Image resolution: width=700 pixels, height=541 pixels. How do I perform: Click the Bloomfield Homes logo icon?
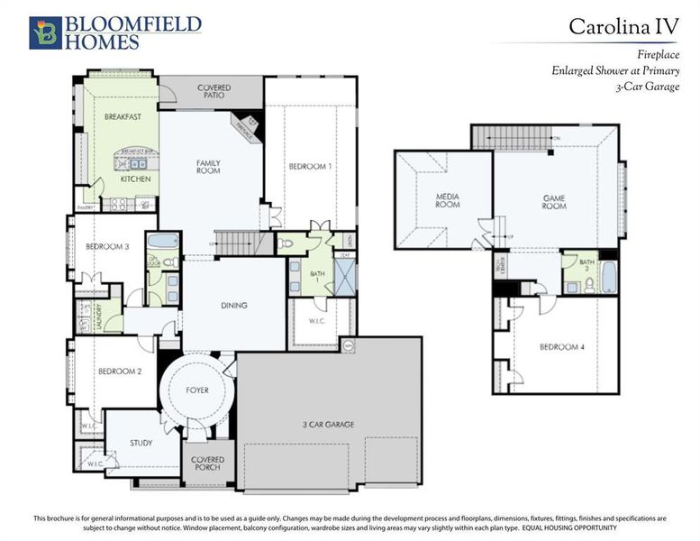45,32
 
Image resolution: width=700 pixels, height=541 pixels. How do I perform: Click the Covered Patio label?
214,92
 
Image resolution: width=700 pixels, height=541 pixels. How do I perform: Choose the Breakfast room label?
122,117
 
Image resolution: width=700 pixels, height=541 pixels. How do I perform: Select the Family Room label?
208,167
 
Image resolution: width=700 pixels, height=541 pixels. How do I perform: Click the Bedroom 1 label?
311,167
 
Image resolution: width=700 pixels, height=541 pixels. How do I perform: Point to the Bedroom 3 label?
107,246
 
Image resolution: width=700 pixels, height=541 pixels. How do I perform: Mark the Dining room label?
233,306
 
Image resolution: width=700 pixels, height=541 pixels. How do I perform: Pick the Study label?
141,443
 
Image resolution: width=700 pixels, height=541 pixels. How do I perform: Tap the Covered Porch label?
208,463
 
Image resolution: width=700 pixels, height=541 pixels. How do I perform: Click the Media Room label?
448,200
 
